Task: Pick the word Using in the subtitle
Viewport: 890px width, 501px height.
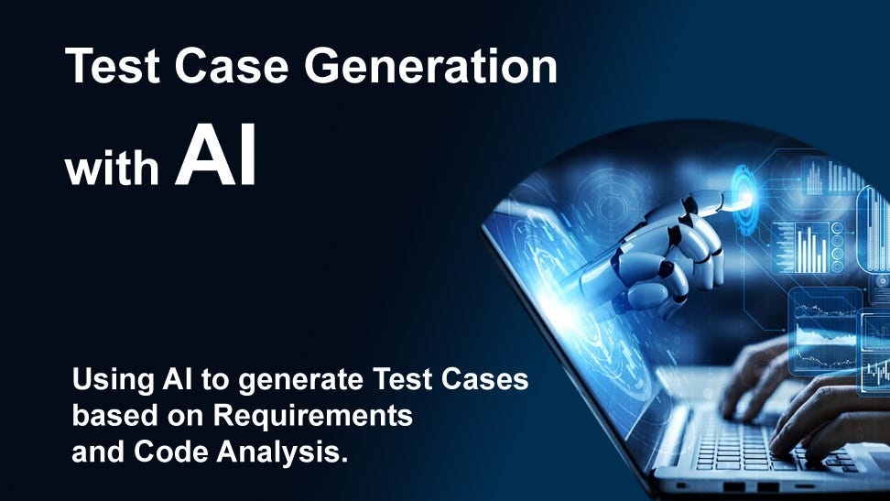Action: tap(107, 380)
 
